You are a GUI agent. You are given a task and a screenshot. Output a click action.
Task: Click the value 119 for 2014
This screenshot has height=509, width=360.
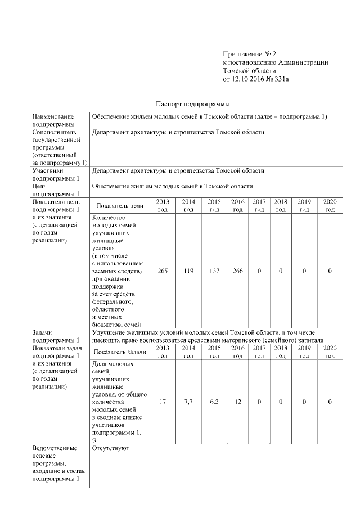[188, 271]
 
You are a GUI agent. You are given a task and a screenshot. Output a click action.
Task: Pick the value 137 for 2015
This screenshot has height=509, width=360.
[214, 271]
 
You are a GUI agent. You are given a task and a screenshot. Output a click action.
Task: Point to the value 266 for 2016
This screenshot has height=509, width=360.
[238, 271]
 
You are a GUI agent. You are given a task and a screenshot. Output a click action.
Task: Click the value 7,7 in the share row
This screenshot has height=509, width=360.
[188, 402]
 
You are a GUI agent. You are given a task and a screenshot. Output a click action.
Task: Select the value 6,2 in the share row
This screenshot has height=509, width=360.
[214, 402]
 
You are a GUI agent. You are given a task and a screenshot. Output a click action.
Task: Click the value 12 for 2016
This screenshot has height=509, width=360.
[238, 402]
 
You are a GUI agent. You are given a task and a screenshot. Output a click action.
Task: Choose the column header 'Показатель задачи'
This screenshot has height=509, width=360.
[119, 352]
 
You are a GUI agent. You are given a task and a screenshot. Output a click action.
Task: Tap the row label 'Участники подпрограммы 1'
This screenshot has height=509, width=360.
[55, 174]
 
